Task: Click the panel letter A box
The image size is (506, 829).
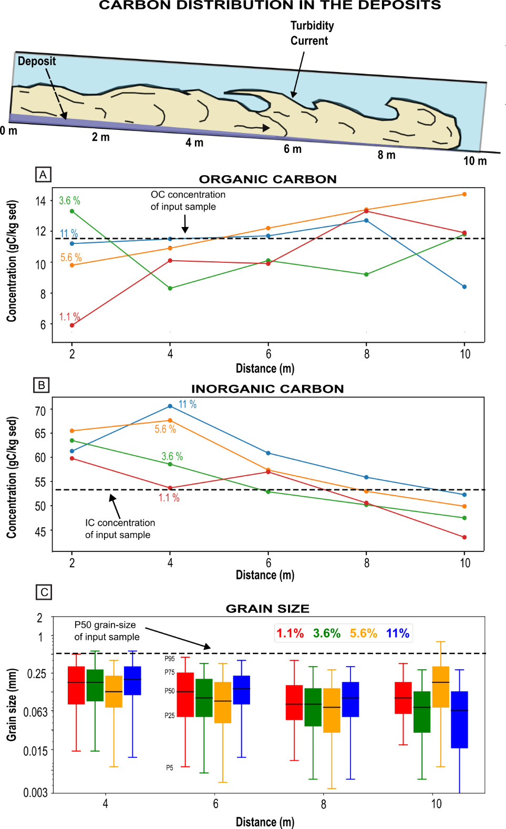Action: tap(43, 175)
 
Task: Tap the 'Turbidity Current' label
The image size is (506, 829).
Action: tap(312, 33)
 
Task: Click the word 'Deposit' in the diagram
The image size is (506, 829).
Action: tap(37, 61)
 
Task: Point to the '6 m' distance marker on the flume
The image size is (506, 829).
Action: tap(293, 149)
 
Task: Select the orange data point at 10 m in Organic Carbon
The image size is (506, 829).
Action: tap(464, 194)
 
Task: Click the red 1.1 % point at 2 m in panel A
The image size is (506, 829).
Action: tap(72, 325)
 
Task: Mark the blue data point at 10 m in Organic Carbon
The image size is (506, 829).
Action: tap(464, 286)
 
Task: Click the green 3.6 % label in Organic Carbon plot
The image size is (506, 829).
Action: tap(69, 201)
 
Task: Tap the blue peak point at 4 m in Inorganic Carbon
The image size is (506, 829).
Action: tap(170, 406)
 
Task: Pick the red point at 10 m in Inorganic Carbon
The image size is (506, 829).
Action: tap(464, 537)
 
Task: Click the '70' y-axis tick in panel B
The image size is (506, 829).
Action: tap(40, 411)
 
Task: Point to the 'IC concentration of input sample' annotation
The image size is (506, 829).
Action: tap(120, 528)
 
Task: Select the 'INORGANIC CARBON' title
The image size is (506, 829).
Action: tap(267, 389)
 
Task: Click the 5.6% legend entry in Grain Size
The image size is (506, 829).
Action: tap(363, 633)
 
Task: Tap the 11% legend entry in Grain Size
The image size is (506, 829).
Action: tap(398, 633)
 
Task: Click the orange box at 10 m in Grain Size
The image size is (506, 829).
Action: tap(440, 687)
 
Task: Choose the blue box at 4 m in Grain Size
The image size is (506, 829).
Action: tap(132, 680)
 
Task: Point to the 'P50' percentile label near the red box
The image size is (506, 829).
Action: tap(169, 691)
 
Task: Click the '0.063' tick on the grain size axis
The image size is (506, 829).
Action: tap(36, 712)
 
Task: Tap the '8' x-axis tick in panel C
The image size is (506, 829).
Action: tap(323, 804)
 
